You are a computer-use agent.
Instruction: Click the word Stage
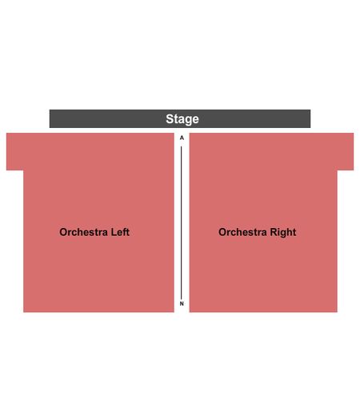[x=182, y=119]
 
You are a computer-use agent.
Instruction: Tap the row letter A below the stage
[x=182, y=138]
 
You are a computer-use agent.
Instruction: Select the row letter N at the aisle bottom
[x=182, y=303]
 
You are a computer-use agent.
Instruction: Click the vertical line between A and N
[x=182, y=222]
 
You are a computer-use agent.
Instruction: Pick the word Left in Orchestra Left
[x=120, y=232]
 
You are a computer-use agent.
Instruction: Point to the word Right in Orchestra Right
[x=283, y=232]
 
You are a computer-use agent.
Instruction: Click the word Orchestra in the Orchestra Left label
[x=83, y=232]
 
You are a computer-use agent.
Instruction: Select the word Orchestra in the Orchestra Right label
[x=242, y=232]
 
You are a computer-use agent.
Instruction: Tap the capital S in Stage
[x=170, y=119]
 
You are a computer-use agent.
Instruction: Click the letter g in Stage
[x=188, y=121]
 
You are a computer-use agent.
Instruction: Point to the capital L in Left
[x=114, y=232]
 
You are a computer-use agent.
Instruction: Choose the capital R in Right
[x=274, y=232]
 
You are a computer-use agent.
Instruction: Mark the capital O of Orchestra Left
[x=63, y=232]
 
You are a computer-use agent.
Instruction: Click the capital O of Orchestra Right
[x=222, y=232]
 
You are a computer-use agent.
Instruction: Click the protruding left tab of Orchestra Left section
[x=15, y=151]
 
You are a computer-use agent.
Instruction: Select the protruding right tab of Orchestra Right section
[x=346, y=151]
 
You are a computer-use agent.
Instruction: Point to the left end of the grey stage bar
[x=50, y=118]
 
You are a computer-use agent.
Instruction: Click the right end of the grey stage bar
[x=310, y=118]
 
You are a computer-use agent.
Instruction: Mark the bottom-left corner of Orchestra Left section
[x=23, y=312]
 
